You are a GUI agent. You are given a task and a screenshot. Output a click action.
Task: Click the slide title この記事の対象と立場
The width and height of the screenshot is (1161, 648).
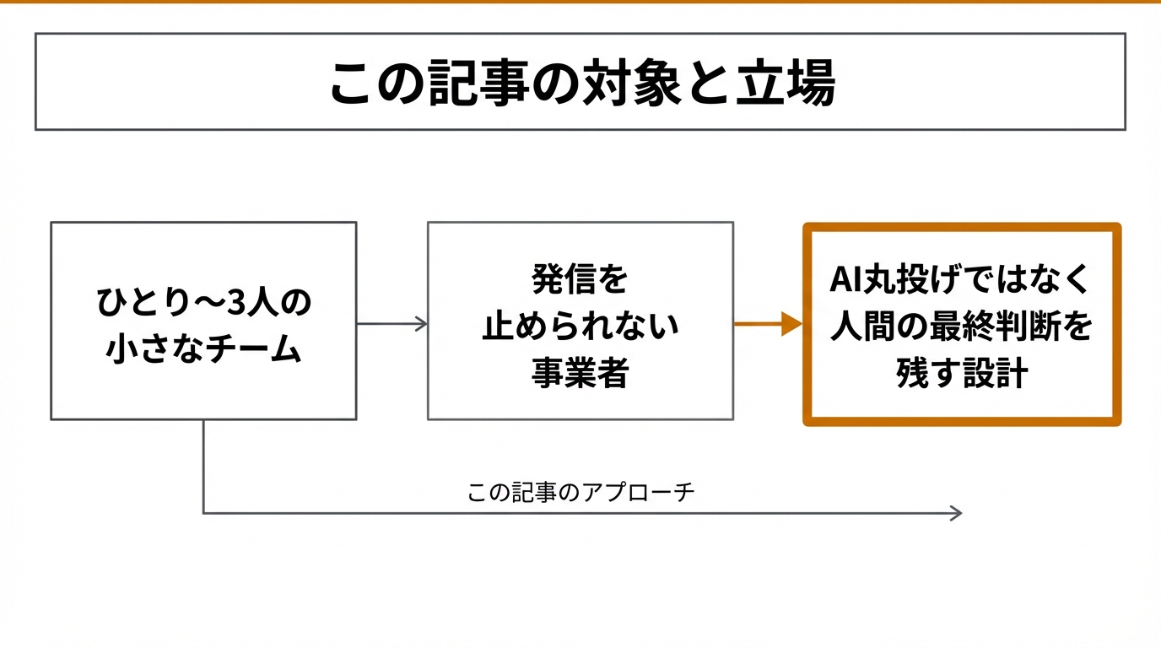click(x=581, y=83)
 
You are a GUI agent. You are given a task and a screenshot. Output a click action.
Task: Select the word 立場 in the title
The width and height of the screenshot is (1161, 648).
click(x=797, y=83)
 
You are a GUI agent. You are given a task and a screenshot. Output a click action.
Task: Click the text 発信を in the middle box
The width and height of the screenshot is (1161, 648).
click(x=580, y=279)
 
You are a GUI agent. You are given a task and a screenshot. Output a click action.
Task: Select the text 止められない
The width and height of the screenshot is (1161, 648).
click(x=580, y=326)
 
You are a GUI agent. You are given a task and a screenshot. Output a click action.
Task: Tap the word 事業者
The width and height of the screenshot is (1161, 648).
click(x=580, y=372)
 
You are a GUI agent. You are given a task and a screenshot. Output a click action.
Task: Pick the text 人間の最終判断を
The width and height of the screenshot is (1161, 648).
click(x=961, y=326)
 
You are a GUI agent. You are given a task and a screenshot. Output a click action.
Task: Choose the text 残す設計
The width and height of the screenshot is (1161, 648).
click(x=961, y=372)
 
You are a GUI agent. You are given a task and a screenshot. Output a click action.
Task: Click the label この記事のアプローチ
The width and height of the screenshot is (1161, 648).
click(x=580, y=493)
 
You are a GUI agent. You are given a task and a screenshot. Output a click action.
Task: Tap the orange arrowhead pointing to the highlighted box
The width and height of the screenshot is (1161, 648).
click(x=791, y=324)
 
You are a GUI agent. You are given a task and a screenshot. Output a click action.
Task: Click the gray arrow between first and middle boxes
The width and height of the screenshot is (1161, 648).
click(x=391, y=324)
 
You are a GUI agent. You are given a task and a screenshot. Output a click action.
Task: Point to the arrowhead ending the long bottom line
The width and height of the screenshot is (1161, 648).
click(x=956, y=513)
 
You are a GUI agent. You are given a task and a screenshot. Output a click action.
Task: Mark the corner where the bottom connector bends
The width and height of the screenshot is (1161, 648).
click(x=203, y=513)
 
